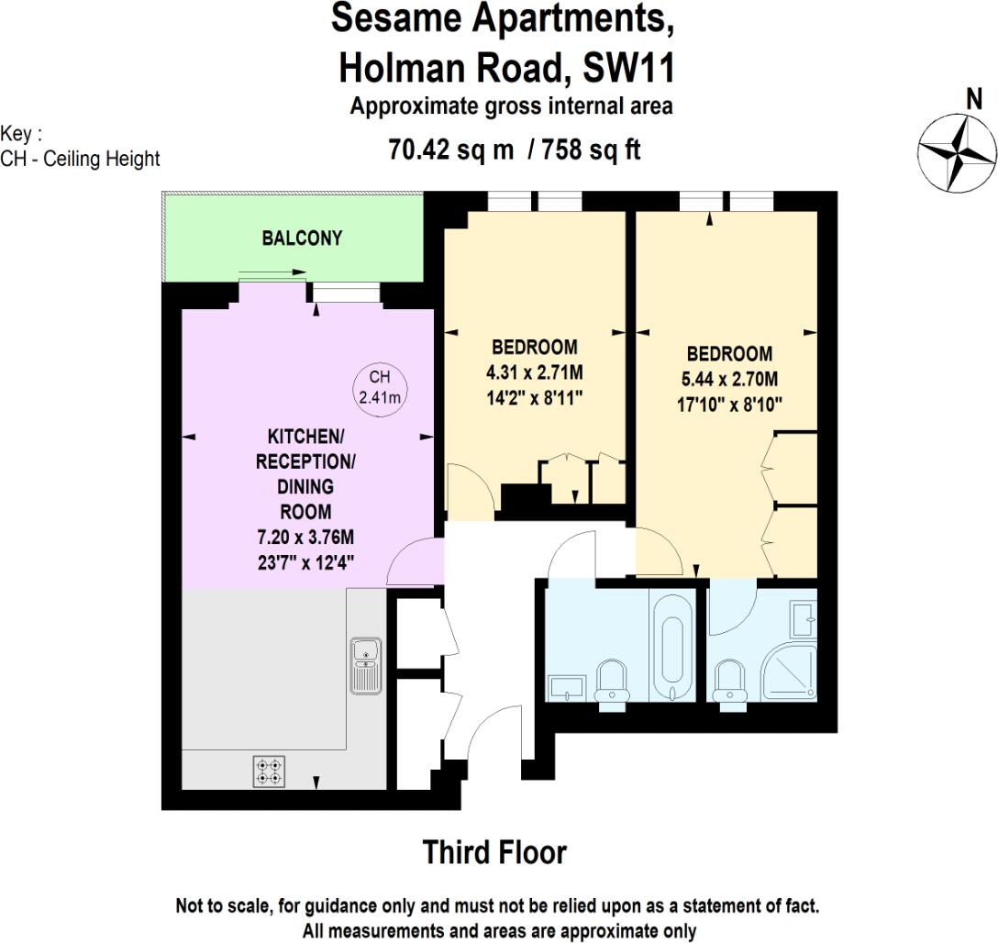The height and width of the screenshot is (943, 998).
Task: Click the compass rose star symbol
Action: pyautogui.click(x=958, y=150)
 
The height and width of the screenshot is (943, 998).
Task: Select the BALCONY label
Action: pyautogui.click(x=302, y=239)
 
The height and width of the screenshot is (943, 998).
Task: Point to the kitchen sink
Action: pyautogui.click(x=365, y=665)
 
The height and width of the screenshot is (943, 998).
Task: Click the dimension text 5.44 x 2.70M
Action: pyautogui.click(x=729, y=379)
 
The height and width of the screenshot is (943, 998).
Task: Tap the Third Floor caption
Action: pyautogui.click(x=494, y=852)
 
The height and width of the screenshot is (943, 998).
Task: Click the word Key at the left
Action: pyautogui.click(x=17, y=134)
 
